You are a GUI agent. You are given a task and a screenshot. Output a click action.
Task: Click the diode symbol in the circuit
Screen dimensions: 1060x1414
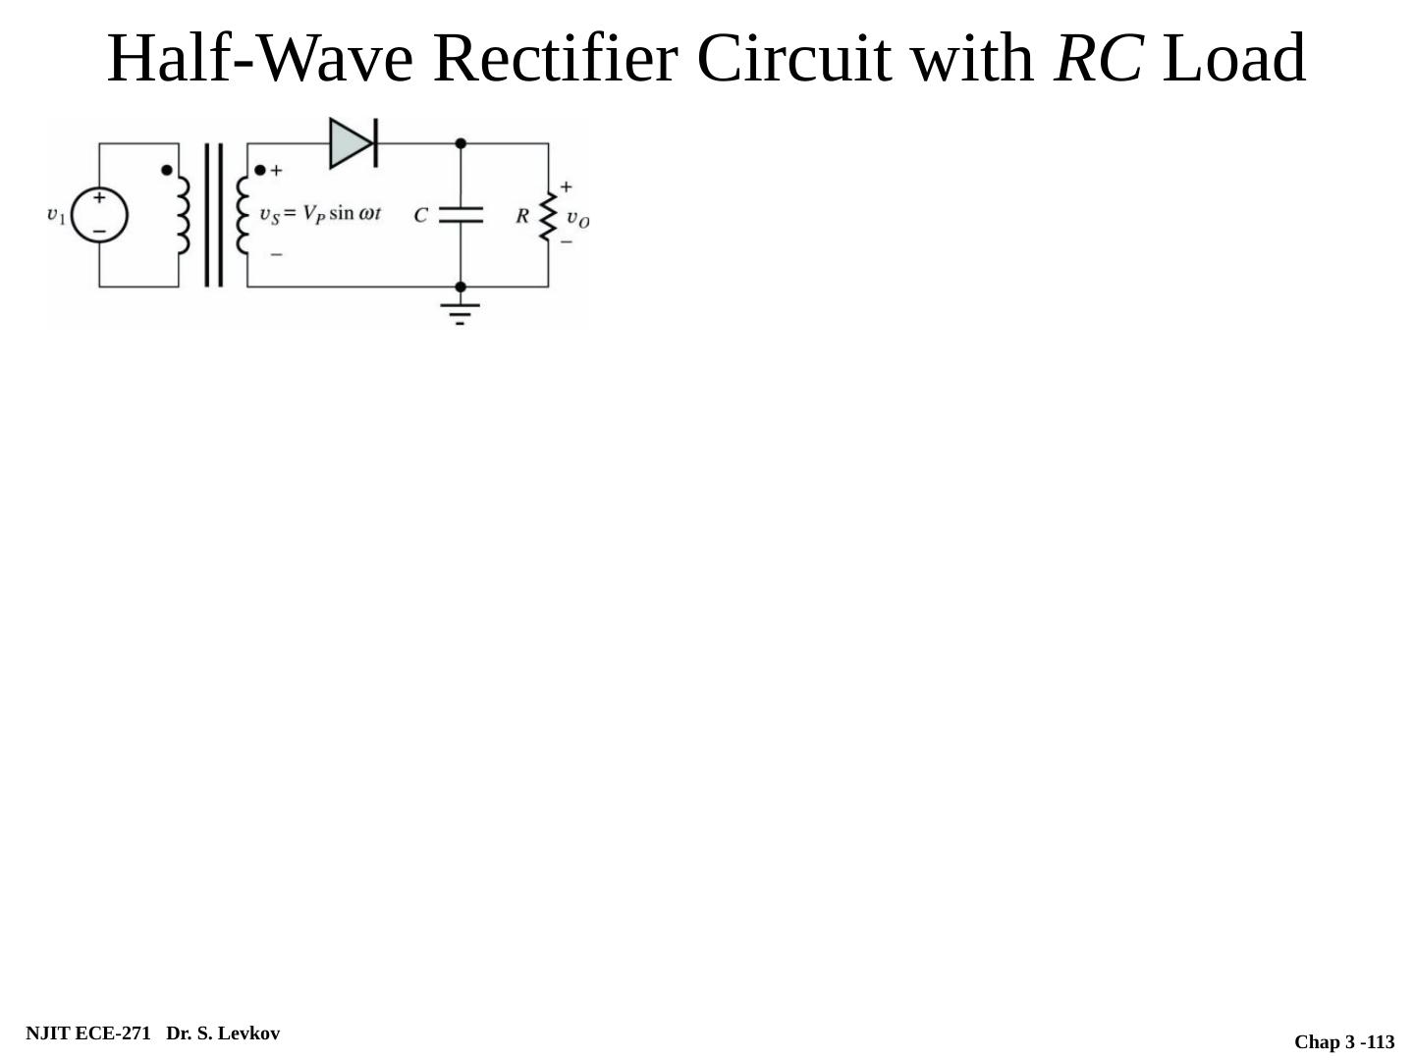[x=353, y=143]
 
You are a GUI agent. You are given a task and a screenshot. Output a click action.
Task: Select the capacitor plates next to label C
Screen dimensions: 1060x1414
[x=461, y=215]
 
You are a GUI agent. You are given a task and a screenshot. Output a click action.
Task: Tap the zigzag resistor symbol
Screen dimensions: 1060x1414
[x=548, y=216]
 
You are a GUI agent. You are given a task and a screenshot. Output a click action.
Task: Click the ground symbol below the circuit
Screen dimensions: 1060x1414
[x=460, y=311]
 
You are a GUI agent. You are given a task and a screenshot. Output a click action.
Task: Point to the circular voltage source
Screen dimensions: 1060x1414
[x=99, y=215]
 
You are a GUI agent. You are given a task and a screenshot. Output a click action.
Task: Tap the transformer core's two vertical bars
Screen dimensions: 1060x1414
[x=213, y=215]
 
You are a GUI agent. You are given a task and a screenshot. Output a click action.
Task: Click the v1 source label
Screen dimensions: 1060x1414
[x=56, y=215]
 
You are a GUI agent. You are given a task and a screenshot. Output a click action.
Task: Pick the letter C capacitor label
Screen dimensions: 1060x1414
[x=420, y=215]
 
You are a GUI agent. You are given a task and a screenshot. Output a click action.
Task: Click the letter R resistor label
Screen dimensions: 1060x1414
[x=522, y=215]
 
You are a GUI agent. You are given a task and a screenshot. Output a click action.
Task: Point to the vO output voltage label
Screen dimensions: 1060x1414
[x=577, y=219]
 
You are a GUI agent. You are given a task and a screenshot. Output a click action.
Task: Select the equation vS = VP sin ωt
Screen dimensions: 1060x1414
[x=319, y=214]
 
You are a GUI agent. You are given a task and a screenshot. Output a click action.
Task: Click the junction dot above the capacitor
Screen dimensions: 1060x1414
[x=461, y=143]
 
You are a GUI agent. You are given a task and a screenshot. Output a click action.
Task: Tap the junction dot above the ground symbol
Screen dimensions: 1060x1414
[x=461, y=287]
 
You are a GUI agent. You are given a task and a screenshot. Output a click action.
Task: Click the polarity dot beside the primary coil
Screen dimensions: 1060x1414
[x=167, y=170]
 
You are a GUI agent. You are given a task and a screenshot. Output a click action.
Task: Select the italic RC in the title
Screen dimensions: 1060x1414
[x=1098, y=58]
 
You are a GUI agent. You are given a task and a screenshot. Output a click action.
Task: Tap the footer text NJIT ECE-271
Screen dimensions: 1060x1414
[x=88, y=1033]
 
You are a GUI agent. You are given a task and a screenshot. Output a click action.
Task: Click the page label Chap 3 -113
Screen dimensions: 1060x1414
[x=1343, y=1042]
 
